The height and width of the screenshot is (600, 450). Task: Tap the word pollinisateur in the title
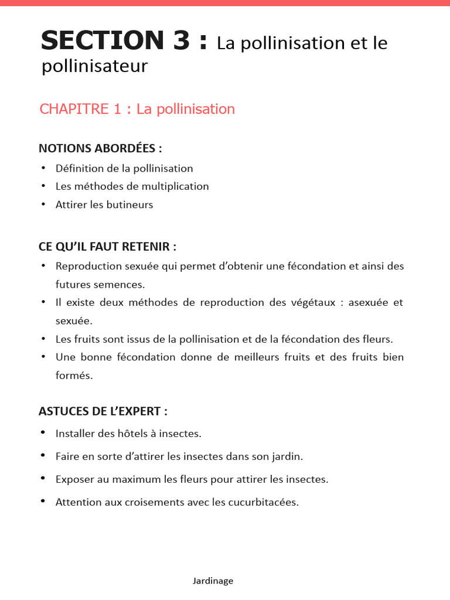coord(94,67)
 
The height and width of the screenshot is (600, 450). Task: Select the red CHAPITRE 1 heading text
coord(137,109)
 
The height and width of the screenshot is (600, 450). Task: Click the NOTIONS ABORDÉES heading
coord(100,148)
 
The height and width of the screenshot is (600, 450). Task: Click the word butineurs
coord(129,204)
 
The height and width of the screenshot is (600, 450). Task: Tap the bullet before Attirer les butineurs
coord(43,204)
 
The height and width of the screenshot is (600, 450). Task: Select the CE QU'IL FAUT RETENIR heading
coord(107,246)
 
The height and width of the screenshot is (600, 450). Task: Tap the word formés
coord(74,376)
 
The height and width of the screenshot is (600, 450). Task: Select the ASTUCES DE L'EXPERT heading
coord(103,411)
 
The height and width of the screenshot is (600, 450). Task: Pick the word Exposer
coord(74,479)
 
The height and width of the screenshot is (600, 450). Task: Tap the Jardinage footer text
coord(213,581)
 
